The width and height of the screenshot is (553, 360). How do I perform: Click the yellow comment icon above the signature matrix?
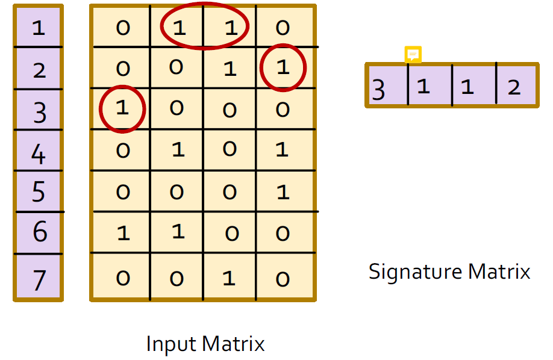pyautogui.click(x=413, y=54)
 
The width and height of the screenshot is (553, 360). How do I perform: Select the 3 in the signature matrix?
pyautogui.click(x=378, y=90)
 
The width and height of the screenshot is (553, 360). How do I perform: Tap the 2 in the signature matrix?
pyautogui.click(x=514, y=87)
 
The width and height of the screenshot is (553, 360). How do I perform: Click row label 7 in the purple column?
pyautogui.click(x=40, y=281)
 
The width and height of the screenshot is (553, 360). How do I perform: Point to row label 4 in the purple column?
pyautogui.click(x=39, y=154)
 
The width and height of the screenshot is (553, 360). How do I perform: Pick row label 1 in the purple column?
pyautogui.click(x=39, y=28)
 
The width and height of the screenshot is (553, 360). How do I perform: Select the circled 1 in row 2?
pyautogui.click(x=283, y=67)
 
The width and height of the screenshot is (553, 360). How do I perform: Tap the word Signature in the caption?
pyautogui.click(x=415, y=272)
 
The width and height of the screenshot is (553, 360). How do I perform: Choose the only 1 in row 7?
pyautogui.click(x=229, y=279)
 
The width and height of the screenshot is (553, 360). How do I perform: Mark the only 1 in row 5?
pyautogui.click(x=283, y=192)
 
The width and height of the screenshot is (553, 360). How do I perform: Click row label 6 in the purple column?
pyautogui.click(x=40, y=231)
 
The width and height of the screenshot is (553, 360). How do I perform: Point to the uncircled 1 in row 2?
pyautogui.click(x=230, y=69)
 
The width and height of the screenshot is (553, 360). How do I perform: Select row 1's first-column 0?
pyautogui.click(x=123, y=28)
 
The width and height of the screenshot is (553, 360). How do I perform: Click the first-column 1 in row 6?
pyautogui.click(x=123, y=234)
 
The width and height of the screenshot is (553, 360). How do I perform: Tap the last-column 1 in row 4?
pyautogui.click(x=282, y=149)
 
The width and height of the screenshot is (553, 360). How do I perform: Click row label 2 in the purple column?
pyautogui.click(x=39, y=70)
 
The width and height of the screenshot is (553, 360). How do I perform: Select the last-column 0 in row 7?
pyautogui.click(x=283, y=279)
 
